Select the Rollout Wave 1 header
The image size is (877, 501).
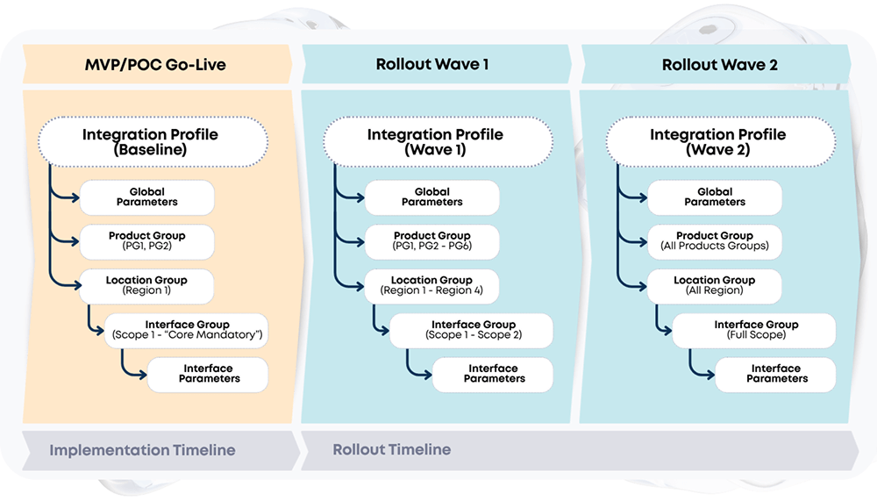tap(432, 65)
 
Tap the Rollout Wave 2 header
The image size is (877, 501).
tap(719, 65)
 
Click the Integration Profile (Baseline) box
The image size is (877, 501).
tap(150, 142)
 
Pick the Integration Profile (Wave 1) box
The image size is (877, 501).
tap(436, 142)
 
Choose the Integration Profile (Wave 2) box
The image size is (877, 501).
tap(717, 142)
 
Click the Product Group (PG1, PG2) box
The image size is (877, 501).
tap(147, 241)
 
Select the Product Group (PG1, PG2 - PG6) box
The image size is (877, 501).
tap(432, 241)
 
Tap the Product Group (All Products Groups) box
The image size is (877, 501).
tap(715, 241)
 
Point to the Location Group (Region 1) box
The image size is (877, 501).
tap(147, 285)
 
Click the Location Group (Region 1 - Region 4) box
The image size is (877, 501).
tap(432, 285)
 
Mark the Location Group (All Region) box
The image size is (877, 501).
tap(715, 285)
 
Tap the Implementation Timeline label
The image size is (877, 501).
tap(142, 450)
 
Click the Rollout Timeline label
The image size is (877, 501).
tap(392, 450)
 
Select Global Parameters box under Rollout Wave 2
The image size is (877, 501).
tap(715, 197)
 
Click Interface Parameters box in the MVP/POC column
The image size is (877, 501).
tap(209, 374)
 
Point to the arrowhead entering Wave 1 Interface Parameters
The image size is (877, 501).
tap(427, 374)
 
